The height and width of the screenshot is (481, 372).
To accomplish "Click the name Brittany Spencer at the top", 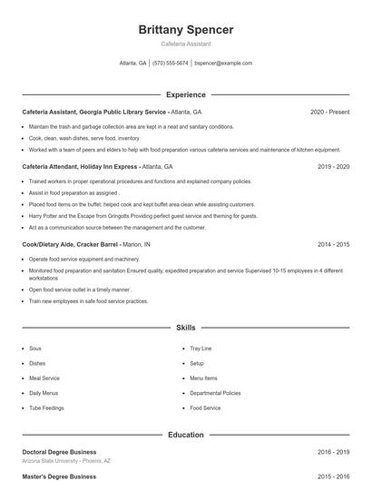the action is pyautogui.click(x=185, y=30).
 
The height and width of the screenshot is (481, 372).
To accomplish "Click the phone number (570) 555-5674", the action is pyautogui.click(x=171, y=64).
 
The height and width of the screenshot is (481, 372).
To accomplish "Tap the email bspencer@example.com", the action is pyautogui.click(x=223, y=64).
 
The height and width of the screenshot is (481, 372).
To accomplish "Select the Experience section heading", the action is pyautogui.click(x=185, y=94).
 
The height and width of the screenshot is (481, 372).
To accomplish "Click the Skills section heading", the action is pyautogui.click(x=185, y=327).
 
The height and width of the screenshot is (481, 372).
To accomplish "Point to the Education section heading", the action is pyautogui.click(x=185, y=435).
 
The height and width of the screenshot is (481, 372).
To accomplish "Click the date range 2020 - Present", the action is pyautogui.click(x=329, y=112).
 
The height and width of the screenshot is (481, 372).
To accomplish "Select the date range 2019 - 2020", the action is pyautogui.click(x=333, y=167).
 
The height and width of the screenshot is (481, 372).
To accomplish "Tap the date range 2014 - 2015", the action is pyautogui.click(x=333, y=245).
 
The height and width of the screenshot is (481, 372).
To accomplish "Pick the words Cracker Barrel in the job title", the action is pyautogui.click(x=97, y=245).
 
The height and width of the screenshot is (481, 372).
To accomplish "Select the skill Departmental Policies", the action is pyautogui.click(x=215, y=393).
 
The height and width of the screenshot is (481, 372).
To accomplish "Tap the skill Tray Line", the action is pyautogui.click(x=201, y=348).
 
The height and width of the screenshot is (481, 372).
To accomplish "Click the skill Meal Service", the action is pyautogui.click(x=44, y=378).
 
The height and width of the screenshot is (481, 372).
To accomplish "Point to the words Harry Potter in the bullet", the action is pyautogui.click(x=44, y=216).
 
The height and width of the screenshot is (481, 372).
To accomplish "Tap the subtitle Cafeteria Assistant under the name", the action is pyautogui.click(x=185, y=44).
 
